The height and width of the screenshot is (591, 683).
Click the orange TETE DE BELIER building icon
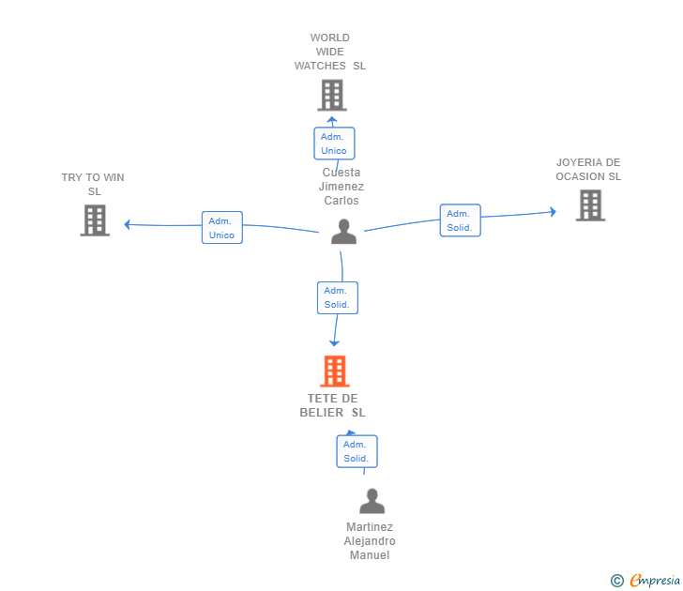point(335,371)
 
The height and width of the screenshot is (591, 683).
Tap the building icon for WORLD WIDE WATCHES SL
point(332,95)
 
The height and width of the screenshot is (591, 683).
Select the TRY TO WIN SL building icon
point(95,220)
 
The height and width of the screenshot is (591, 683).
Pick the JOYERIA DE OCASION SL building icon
point(591,205)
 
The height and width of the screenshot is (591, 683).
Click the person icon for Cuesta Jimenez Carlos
point(343,232)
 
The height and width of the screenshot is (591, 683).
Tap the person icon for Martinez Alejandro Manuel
point(372,501)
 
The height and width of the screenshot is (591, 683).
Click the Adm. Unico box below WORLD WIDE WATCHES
point(334,144)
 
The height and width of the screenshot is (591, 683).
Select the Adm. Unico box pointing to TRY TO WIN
point(222,227)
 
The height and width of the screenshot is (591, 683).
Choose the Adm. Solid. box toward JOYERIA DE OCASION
point(461,220)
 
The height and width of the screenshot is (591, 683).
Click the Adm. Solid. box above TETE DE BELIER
point(338,298)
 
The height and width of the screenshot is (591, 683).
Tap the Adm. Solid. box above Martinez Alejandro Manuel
point(357,451)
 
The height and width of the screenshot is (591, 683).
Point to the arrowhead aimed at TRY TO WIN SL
point(127,224)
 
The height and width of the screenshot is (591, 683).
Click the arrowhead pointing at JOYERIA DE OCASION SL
point(554,212)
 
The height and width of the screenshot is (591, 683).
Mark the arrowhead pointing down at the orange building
point(334,343)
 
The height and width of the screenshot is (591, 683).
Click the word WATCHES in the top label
point(320,66)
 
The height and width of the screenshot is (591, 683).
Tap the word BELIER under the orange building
point(322,413)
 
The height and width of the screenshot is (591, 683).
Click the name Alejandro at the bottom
point(370,541)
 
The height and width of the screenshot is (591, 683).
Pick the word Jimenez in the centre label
point(341,187)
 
